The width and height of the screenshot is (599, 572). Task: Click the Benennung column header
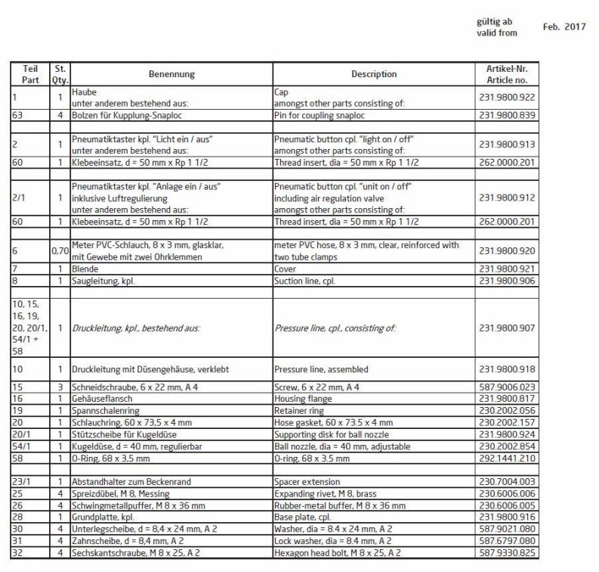[x=170, y=74]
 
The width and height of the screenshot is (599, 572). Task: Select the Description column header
[x=374, y=74]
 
